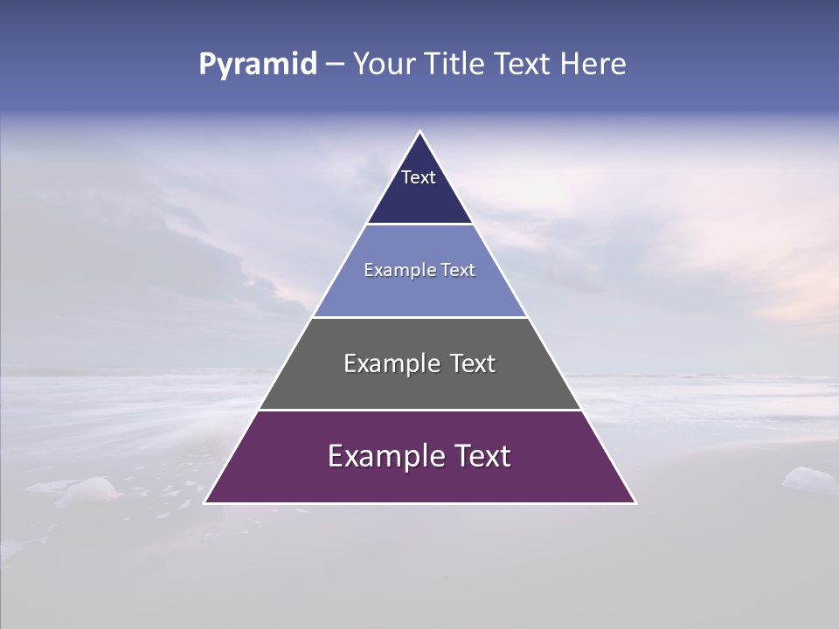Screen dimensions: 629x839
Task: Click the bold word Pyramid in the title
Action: tap(258, 65)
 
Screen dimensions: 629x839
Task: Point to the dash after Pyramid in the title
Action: tap(335, 65)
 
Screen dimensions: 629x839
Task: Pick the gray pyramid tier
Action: tap(419, 384)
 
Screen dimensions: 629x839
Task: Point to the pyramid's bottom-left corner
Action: tap(205, 502)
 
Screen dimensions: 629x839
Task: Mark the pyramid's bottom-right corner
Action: tap(635, 502)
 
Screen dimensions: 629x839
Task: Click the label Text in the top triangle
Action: tap(419, 177)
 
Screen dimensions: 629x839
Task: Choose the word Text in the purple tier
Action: tap(481, 456)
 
